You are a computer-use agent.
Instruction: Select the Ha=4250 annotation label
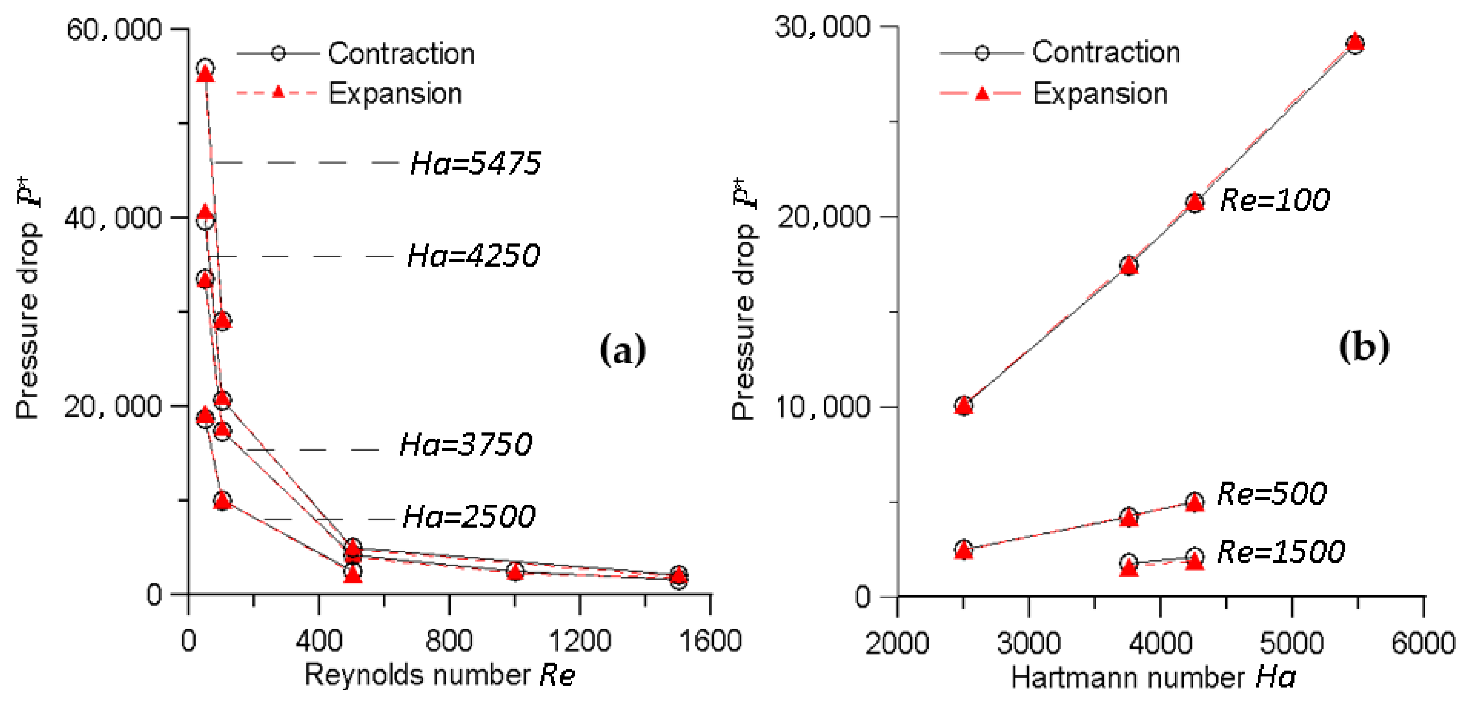[473, 256]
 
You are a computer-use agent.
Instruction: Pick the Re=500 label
[1272, 493]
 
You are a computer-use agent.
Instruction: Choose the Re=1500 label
[1281, 552]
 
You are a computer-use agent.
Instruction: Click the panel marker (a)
[623, 350]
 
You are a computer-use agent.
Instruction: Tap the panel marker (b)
[1364, 347]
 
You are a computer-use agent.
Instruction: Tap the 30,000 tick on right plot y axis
[822, 27]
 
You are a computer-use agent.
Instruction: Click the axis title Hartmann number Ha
[1153, 678]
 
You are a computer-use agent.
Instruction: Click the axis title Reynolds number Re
[440, 675]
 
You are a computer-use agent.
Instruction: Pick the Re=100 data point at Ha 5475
[1355, 43]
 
